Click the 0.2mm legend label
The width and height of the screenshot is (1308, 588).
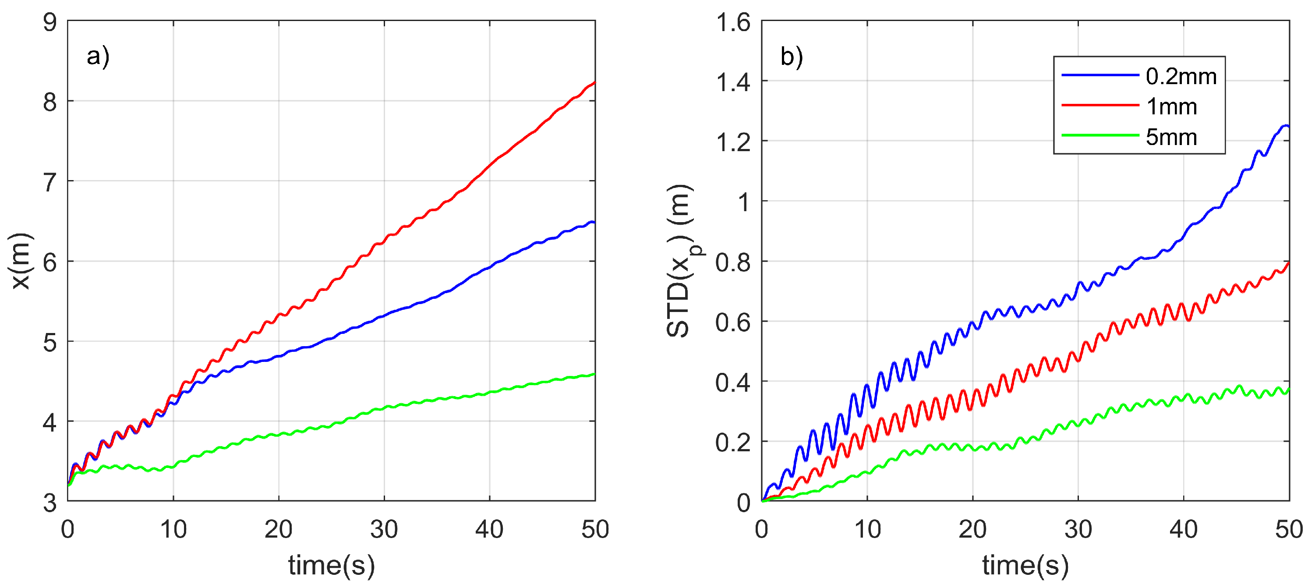(1181, 77)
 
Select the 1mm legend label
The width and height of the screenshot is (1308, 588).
(1171, 106)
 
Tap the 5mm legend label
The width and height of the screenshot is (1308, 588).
(1171, 137)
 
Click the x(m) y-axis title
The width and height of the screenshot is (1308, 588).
(22, 261)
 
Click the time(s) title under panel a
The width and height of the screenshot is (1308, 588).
(332, 565)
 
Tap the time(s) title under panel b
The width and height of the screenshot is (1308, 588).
(1025, 565)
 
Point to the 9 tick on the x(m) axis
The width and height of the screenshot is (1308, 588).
(50, 23)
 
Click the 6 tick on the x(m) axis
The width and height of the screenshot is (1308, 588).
(50, 262)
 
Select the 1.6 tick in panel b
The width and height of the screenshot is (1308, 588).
(733, 23)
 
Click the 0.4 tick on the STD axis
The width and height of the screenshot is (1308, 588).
(733, 383)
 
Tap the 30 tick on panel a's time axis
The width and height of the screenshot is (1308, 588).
(384, 530)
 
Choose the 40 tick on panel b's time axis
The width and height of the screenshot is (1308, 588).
(1183, 530)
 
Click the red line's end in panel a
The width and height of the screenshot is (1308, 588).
(594, 83)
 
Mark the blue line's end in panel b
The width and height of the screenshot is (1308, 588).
(1288, 126)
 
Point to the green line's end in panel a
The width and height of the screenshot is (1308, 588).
(594, 374)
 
